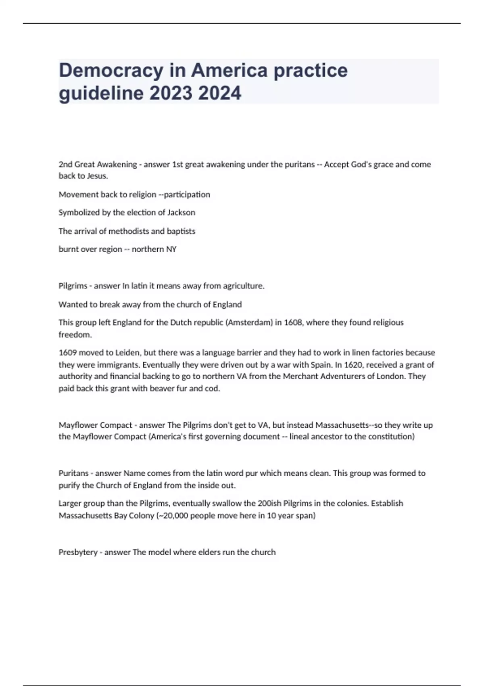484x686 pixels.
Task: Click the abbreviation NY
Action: (x=171, y=249)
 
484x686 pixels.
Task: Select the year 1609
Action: (x=67, y=353)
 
